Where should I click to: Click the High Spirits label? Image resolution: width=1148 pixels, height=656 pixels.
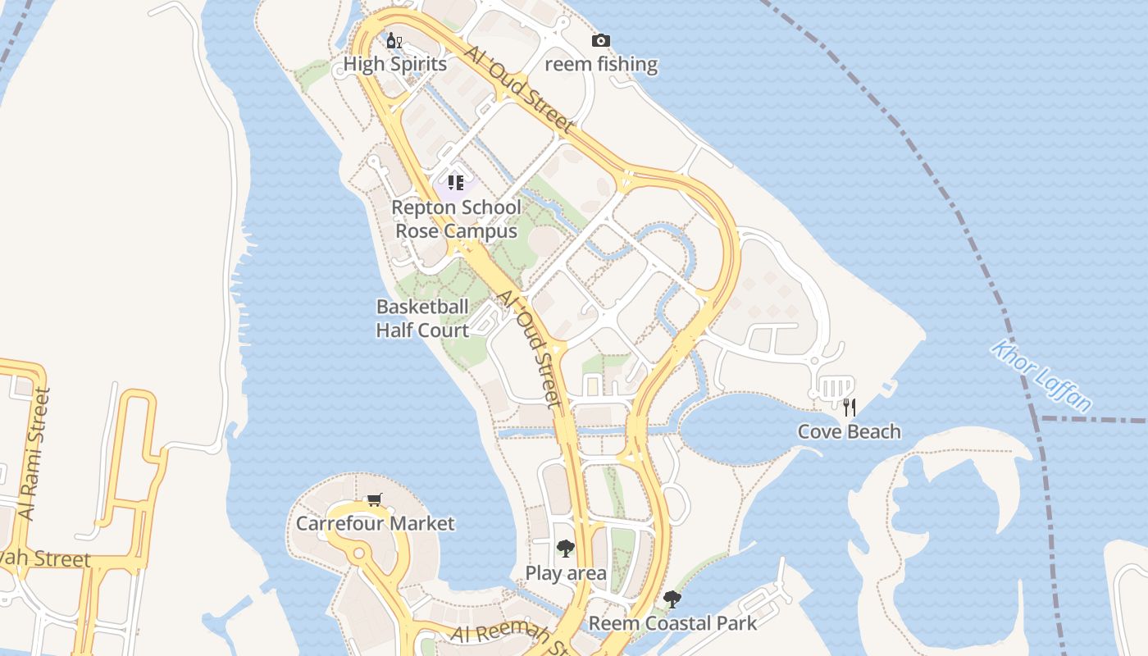(x=395, y=64)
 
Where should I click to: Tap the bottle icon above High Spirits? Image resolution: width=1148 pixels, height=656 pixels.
(x=394, y=40)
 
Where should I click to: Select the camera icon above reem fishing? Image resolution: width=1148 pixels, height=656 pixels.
(x=601, y=40)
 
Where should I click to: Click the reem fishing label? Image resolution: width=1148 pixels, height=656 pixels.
(x=601, y=64)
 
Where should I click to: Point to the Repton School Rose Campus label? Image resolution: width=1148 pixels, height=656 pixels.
(x=456, y=219)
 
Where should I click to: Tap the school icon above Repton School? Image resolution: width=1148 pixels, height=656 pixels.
(x=456, y=183)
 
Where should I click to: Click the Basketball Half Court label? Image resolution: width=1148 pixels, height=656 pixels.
(x=422, y=318)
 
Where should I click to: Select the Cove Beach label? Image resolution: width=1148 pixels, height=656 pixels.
(x=849, y=431)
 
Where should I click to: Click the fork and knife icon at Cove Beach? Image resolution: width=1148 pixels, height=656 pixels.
(x=849, y=407)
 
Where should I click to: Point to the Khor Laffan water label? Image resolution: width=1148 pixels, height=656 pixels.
(x=1041, y=376)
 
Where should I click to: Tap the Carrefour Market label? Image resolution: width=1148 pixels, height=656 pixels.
(x=375, y=523)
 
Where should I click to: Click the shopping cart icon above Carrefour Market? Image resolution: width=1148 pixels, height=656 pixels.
(x=375, y=499)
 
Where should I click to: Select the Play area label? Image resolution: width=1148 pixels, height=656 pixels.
(x=566, y=573)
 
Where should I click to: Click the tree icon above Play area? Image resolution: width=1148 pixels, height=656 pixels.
(x=565, y=549)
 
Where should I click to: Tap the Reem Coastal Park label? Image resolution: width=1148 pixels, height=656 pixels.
(x=672, y=623)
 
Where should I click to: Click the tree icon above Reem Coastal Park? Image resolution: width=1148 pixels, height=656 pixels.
(x=672, y=599)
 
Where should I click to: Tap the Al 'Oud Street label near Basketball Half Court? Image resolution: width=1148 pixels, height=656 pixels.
(x=531, y=348)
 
